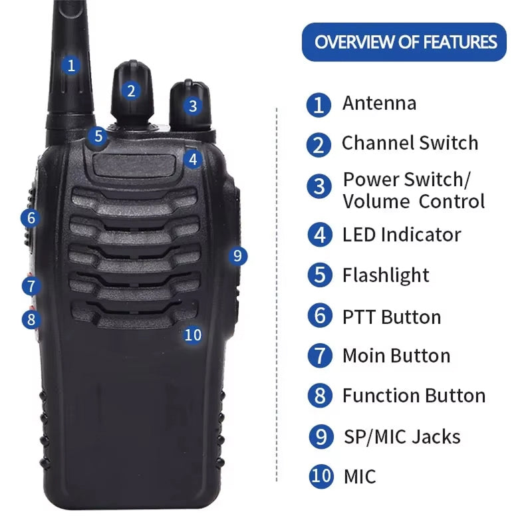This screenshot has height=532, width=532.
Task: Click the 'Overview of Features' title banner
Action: [x=404, y=42]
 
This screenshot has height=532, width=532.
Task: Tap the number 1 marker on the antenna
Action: [x=71, y=65]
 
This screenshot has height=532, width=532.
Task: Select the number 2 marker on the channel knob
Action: [x=131, y=91]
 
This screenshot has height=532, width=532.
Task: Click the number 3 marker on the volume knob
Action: [x=193, y=106]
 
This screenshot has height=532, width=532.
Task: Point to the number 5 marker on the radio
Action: [x=98, y=136]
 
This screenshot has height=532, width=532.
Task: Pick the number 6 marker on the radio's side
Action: [x=31, y=218]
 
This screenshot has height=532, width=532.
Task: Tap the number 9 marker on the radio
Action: [x=237, y=256]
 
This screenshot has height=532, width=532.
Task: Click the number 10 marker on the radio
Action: [x=193, y=335]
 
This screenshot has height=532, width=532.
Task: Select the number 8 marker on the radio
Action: [x=31, y=320]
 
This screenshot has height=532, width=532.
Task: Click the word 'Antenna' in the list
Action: [x=379, y=103]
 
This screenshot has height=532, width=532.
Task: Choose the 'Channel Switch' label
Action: [x=410, y=143]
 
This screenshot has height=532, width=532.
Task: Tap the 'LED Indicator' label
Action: [x=402, y=235]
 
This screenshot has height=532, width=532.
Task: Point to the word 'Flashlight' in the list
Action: [x=386, y=275]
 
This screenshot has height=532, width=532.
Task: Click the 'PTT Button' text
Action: [x=392, y=317]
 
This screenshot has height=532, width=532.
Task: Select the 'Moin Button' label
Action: [x=396, y=356]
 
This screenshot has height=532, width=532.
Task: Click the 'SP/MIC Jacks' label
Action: [x=402, y=437]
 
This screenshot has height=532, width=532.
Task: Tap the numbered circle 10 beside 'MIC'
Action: [x=321, y=476]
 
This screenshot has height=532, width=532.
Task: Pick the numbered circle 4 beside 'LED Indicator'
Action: [x=320, y=235]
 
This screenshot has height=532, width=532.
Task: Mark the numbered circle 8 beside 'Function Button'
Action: [x=320, y=396]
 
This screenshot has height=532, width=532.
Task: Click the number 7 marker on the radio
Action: [x=31, y=286]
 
